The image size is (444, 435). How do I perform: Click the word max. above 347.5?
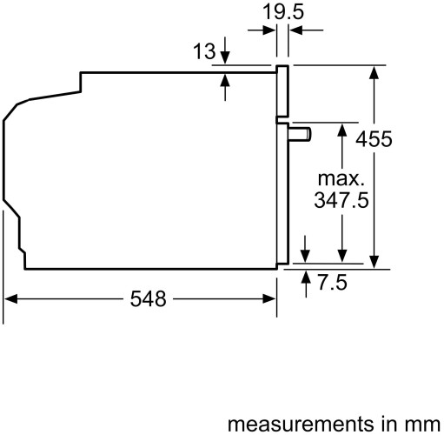point(339,178)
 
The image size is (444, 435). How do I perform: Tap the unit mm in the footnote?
point(420,424)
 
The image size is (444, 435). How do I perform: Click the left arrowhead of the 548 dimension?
point(10,299)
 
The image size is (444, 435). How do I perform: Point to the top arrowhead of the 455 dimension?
point(374,71)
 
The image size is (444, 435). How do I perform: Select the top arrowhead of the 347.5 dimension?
point(342,129)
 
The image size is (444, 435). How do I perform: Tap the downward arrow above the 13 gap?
point(226,56)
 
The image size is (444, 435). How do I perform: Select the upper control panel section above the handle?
point(282,91)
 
